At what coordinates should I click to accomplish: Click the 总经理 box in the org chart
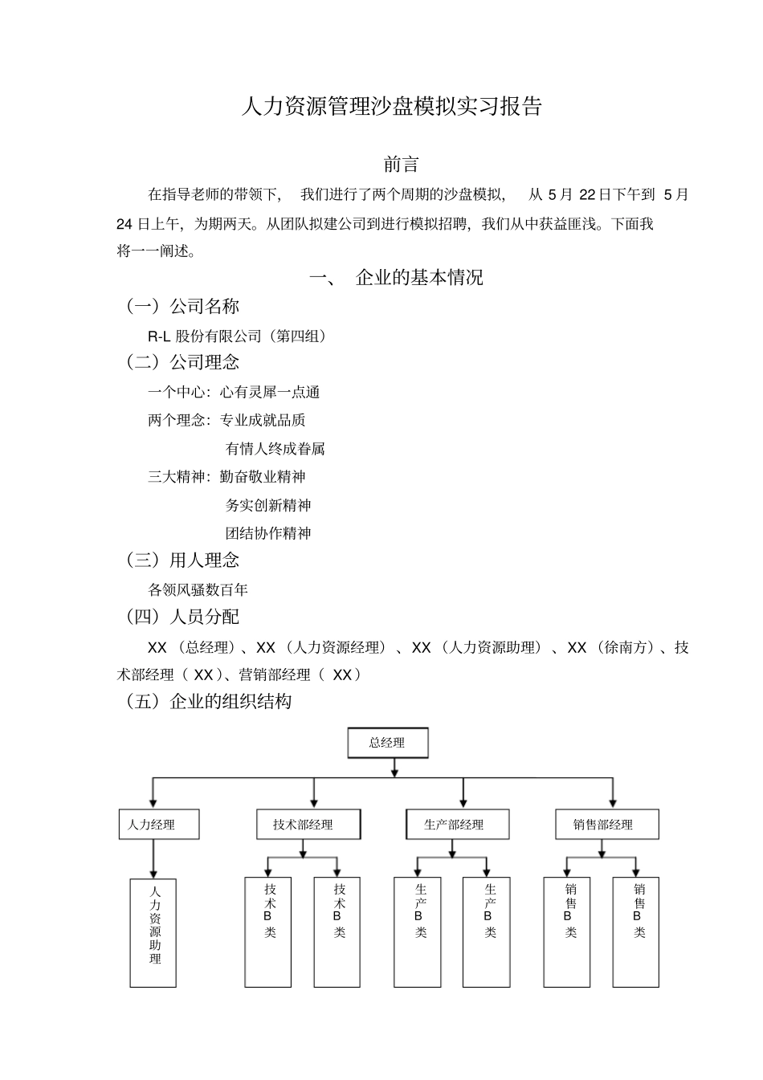coord(387,743)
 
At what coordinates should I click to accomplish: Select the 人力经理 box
coord(158,824)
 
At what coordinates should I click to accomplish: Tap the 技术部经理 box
coord(308,824)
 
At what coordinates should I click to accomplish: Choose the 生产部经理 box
coord(457,824)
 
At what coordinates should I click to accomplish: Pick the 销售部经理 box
coord(607,824)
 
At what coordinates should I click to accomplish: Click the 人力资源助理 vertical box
coord(153,932)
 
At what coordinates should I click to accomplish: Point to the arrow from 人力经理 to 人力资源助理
coord(153,859)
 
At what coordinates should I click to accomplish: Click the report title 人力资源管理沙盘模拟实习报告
coord(392,106)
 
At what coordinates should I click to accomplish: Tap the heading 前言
coord(401,164)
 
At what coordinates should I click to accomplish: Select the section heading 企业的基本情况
coord(418,278)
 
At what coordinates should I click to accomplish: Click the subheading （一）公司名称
coord(182,306)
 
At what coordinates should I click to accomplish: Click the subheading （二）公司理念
coord(182,362)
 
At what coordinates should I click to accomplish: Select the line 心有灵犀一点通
coord(270,392)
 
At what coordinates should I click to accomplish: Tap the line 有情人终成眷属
coord(275,448)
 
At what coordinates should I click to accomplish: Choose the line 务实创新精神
coord(268,505)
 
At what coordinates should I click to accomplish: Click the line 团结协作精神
coord(268,533)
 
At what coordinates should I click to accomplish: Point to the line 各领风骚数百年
coord(198,589)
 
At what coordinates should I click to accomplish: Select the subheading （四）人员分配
coord(182,617)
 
